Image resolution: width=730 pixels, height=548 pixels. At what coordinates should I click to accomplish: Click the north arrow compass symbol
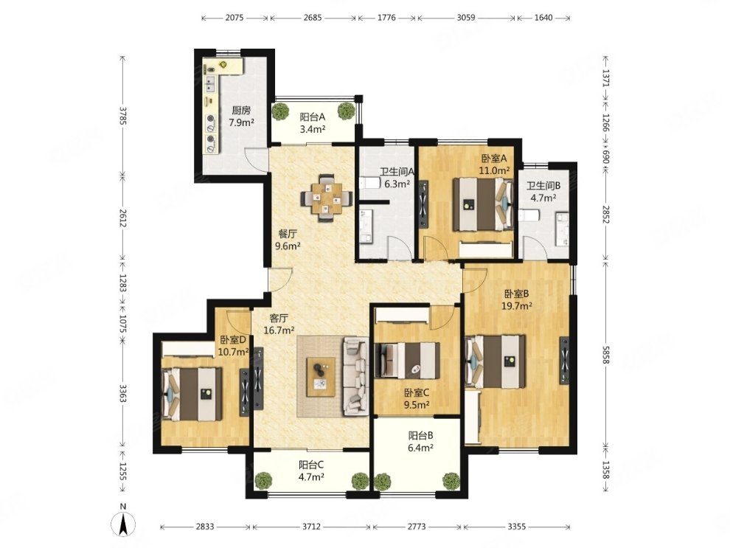(123, 524)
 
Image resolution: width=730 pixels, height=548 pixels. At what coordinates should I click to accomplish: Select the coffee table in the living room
(321, 377)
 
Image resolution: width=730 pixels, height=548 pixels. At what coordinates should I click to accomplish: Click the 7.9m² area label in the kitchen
(241, 123)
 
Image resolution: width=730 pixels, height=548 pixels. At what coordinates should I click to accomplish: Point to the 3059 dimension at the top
(465, 18)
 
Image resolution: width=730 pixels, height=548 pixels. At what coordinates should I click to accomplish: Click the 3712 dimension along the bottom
(311, 527)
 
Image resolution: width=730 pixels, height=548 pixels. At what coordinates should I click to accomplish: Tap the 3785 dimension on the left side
(122, 117)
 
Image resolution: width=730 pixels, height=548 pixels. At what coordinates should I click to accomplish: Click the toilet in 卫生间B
(529, 215)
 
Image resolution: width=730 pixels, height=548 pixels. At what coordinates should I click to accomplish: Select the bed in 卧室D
(192, 395)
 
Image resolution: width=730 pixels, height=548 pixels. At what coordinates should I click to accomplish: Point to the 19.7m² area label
(517, 306)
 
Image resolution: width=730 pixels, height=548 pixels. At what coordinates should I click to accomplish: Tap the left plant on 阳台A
(280, 111)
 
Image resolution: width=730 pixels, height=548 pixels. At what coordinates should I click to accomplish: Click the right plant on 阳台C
(360, 480)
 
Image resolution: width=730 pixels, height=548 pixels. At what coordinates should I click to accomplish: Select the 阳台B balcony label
(421, 436)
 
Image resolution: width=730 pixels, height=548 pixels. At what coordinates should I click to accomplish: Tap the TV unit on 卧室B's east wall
(565, 360)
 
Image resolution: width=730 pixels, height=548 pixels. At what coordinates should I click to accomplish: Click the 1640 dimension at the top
(543, 18)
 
